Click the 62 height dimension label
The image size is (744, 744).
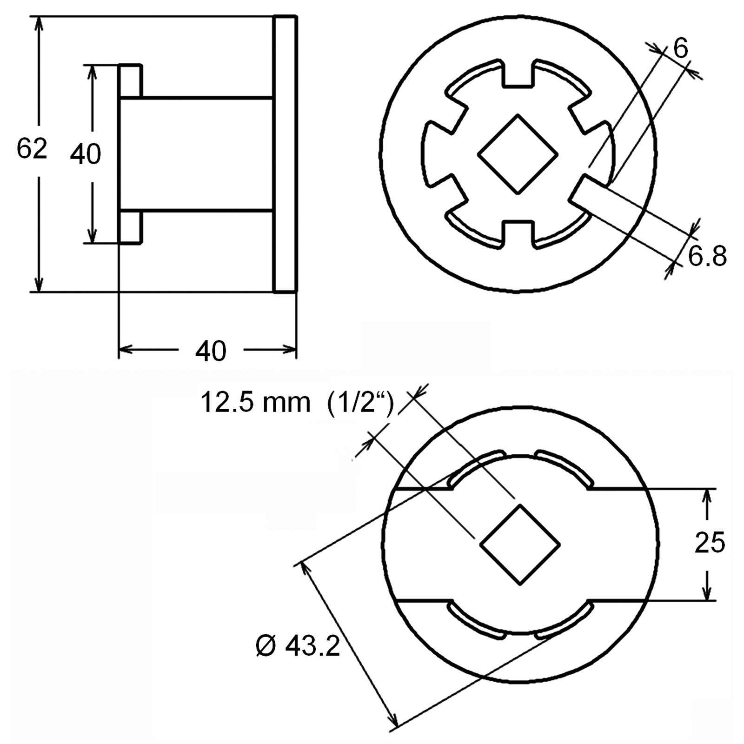tap(32, 149)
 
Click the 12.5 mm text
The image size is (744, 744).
tap(255, 402)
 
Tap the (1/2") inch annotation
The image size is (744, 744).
tap(361, 403)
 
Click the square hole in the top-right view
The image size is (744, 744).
tap(518, 154)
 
